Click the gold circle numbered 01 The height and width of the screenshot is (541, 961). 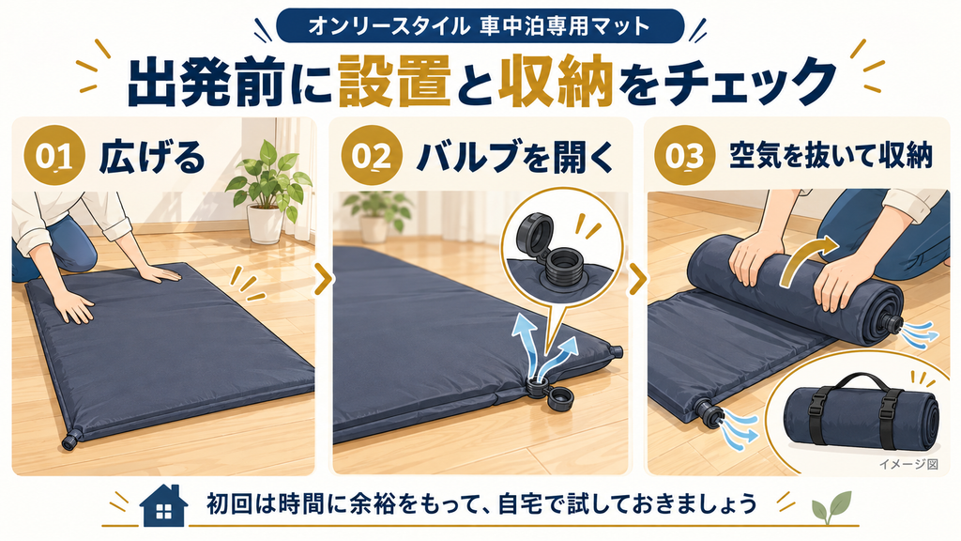tap(53, 156)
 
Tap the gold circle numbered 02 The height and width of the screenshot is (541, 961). tap(372, 156)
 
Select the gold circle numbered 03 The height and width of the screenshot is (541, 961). tap(684, 156)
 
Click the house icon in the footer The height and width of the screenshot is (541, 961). tap(163, 505)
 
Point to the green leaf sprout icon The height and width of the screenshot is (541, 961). tap(831, 506)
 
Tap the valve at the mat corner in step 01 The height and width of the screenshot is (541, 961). tap(71, 440)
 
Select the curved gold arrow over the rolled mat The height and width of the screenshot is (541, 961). tap(808, 257)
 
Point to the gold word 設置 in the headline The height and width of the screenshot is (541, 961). tap(394, 82)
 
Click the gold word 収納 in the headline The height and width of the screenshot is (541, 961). tap(556, 82)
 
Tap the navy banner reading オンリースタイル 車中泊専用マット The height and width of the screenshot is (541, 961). tap(480, 26)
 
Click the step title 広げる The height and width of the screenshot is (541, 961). tap(152, 157)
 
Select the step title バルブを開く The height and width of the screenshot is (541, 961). tap(514, 157)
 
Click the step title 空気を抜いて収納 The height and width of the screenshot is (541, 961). tap(831, 156)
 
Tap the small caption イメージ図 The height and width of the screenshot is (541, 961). tap(908, 464)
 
